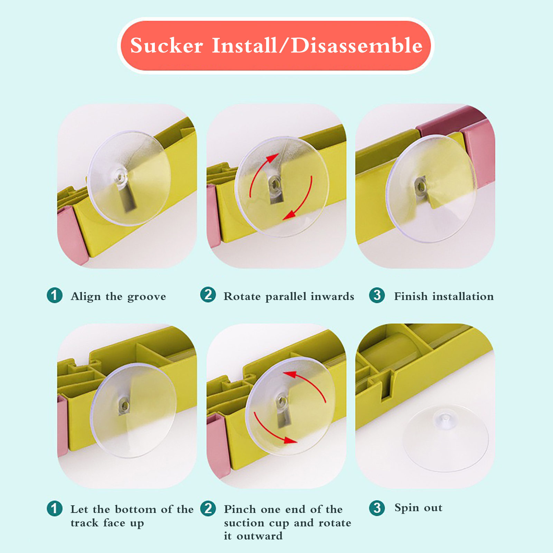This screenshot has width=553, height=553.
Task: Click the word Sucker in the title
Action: pos(167,46)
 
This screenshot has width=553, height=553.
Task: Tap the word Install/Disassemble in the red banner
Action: pos(317,45)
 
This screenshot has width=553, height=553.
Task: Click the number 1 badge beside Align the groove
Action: pos(55,296)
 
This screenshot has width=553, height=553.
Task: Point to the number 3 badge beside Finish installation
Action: pos(377,295)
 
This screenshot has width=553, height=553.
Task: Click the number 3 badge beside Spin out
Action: pos(377,508)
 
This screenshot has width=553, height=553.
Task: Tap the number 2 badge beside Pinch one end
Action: pos(208,508)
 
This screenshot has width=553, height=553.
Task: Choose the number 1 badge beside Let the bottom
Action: pos(55,508)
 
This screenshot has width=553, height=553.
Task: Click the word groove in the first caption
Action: pos(147,297)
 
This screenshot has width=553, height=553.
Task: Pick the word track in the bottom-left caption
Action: pos(84,523)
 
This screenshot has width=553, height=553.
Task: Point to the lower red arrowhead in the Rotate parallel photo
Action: pos(290,215)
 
